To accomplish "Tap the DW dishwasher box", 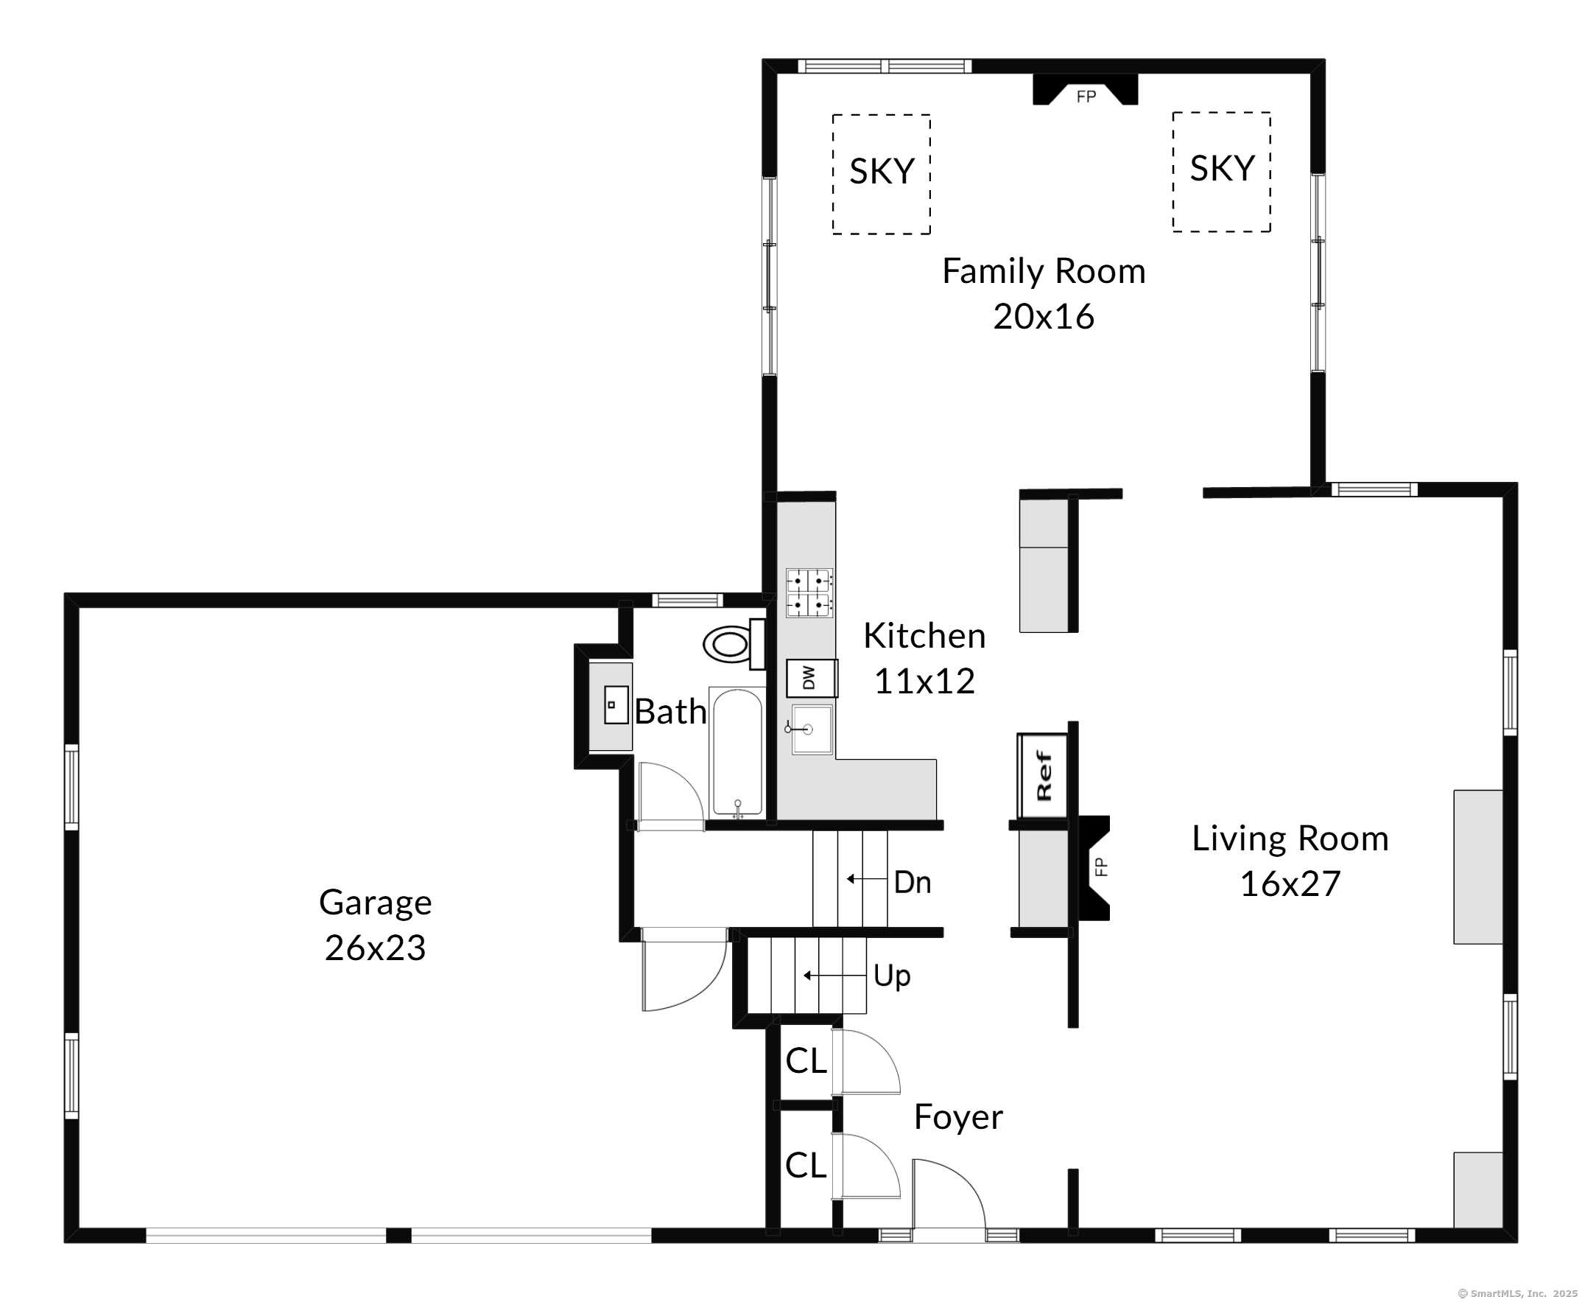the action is tap(811, 678).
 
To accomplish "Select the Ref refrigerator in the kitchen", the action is tap(1042, 776).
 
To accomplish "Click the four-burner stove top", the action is tap(809, 592).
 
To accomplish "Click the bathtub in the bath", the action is tap(738, 752).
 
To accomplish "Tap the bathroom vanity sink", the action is tap(616, 705).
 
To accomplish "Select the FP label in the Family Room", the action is tap(1086, 96).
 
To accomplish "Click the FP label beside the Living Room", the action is tap(1100, 867).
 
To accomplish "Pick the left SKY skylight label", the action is tap(882, 171).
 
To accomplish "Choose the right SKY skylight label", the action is tap(1222, 168).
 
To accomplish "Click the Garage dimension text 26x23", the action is tap(375, 948).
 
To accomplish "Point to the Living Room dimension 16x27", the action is tap(1290, 884).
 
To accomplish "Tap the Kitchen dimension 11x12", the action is tap(924, 682).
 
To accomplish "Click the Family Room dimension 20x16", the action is tap(1044, 317).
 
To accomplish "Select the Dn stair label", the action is tap(913, 883).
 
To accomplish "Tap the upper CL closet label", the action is tap(806, 1061).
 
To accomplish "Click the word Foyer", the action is tap(958, 1118).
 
